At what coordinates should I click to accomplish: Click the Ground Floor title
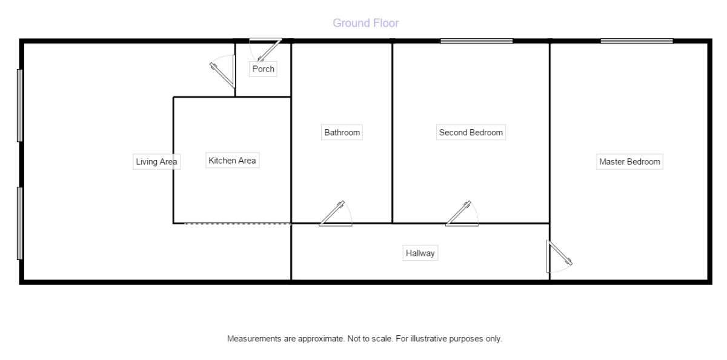coord(366,23)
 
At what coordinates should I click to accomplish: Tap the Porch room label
coord(263,69)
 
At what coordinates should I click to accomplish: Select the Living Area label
coord(156,162)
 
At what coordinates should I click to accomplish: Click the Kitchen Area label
coord(232,161)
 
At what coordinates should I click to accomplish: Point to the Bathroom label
coord(342,133)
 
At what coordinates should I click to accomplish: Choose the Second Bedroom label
coord(471,133)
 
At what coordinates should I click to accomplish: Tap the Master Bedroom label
coord(629,162)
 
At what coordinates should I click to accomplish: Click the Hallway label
coord(420,253)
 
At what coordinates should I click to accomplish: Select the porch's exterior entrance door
coord(265,50)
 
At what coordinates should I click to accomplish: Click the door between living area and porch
coord(223,72)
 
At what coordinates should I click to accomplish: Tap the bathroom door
coord(336,213)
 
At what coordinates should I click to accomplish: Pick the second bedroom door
coord(462,213)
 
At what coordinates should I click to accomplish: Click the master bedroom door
coord(559,256)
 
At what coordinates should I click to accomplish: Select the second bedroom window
coord(476,41)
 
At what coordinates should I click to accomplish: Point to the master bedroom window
coord(637,41)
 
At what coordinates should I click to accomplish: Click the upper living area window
coord(20,105)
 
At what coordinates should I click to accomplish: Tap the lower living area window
coord(20,224)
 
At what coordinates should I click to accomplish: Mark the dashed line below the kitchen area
coord(237,224)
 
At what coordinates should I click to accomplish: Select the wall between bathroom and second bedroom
coord(393,133)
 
